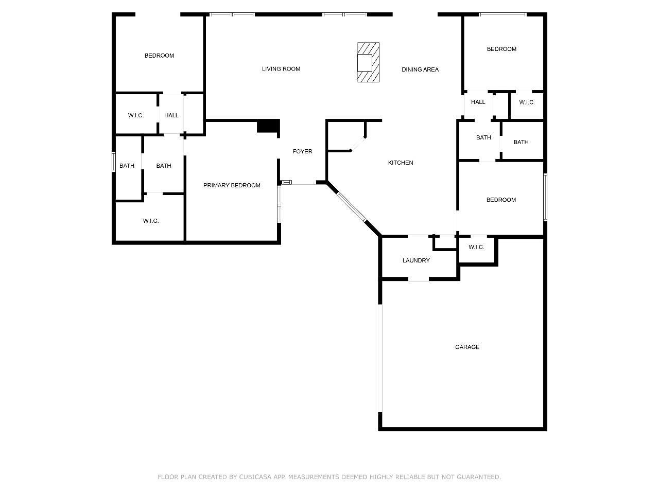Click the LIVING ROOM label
pos(281,69)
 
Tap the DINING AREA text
pos(420,69)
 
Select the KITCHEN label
pos(400,163)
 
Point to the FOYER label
pos(302,151)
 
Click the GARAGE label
pos(467,347)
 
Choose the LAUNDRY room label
pos(416,260)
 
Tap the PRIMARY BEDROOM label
pos(232,185)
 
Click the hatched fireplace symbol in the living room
pos(368,62)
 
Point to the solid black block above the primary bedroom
pos(268,126)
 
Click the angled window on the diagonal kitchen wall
pos(352,207)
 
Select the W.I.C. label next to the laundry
pos(476,247)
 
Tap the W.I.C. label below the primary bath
pos(151,221)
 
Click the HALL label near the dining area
pos(478,102)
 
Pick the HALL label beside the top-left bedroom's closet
pos(171,115)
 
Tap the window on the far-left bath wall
pos(113,162)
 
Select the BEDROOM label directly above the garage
pos(501,200)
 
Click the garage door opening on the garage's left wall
pos(380,359)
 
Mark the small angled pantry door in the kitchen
pos(358,144)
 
